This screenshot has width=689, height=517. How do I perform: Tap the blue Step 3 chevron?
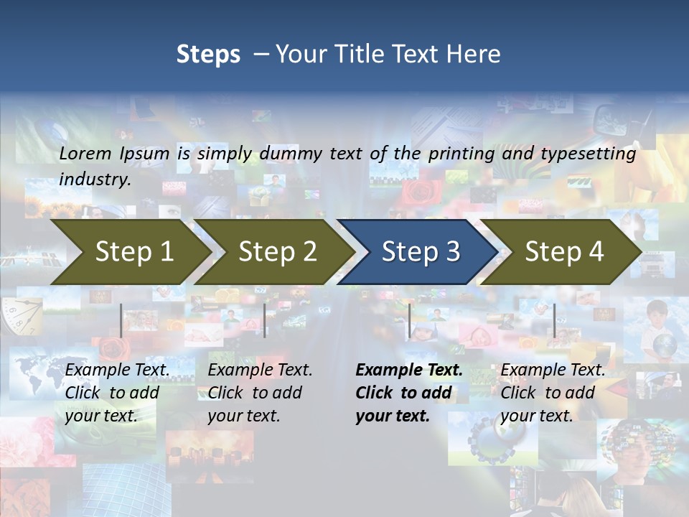tap(420, 252)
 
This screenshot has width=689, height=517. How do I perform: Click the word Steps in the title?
tap(208, 55)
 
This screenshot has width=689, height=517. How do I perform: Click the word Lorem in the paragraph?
tap(85, 153)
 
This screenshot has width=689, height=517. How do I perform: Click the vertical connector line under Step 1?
tap(121, 320)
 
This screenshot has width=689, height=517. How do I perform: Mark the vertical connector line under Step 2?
tap(265, 320)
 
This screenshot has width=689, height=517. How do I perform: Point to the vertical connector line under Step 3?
tap(409, 320)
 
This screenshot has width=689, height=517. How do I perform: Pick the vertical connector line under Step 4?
tap(554, 320)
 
